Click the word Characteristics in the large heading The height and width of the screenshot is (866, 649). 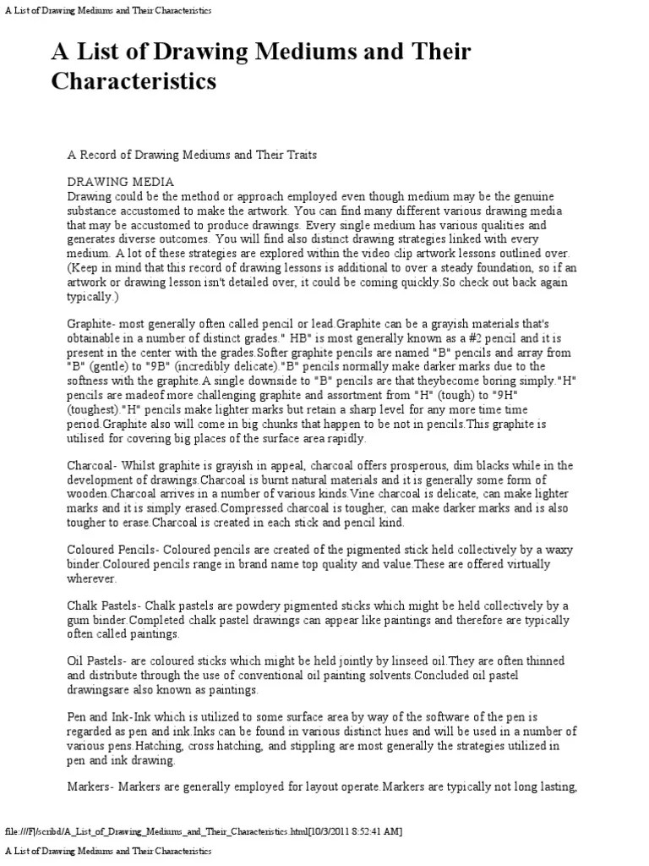134,81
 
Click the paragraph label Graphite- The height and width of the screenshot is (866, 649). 94,324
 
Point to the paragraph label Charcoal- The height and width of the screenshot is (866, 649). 95,466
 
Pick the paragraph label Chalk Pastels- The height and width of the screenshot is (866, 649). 106,606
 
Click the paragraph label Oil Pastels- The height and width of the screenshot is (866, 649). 100,660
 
